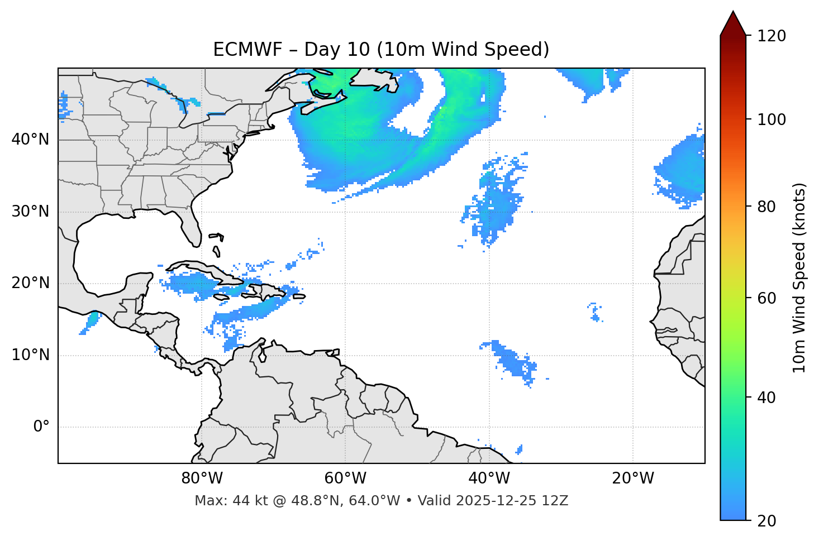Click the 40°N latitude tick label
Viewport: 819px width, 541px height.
pos(30,139)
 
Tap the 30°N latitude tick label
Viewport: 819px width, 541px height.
pos(30,212)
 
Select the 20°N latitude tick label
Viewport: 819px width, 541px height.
pos(30,283)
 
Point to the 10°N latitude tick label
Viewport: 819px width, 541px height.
pos(30,355)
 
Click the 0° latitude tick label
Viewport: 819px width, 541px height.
pos(41,427)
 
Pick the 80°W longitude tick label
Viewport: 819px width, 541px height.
pos(202,478)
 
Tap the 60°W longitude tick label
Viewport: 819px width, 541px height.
pos(345,478)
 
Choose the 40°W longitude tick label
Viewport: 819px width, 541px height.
pos(489,478)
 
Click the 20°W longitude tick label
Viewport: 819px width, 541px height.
pos(633,478)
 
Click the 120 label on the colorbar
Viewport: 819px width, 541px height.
pos(772,36)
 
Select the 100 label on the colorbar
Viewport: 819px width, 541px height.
pos(772,119)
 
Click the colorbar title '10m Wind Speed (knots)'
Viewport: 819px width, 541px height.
pos(799,277)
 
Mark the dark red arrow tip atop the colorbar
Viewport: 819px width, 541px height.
pos(733,20)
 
